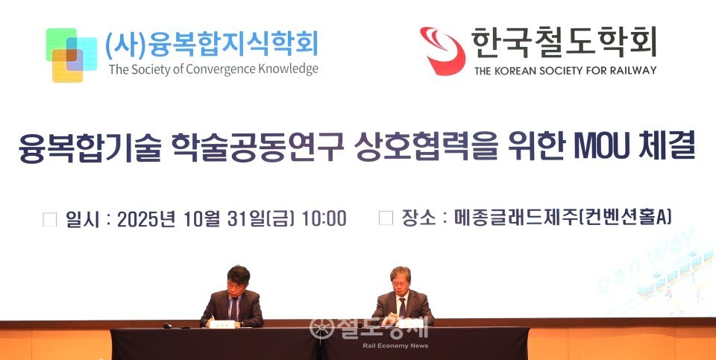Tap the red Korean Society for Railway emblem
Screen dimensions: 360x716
pyautogui.click(x=442, y=49)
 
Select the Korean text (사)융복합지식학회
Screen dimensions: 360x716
pyautogui.click(x=212, y=44)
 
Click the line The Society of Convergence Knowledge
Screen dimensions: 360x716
pyautogui.click(x=213, y=69)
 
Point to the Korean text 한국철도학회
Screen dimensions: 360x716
pyautogui.click(x=563, y=42)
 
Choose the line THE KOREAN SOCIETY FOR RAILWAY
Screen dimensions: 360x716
pyautogui.click(x=565, y=70)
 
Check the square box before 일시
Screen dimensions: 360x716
pyautogui.click(x=50, y=219)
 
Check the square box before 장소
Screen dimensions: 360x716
pyautogui.click(x=386, y=218)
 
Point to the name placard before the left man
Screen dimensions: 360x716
pyautogui.click(x=222, y=324)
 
